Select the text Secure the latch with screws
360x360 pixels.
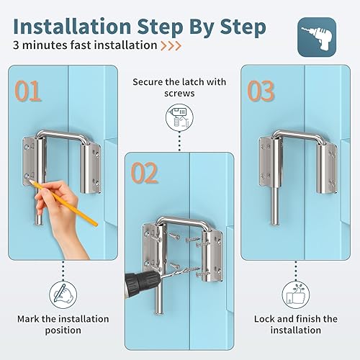click(179, 88)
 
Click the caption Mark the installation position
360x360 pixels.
click(63, 324)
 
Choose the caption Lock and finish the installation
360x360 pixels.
click(296, 324)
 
